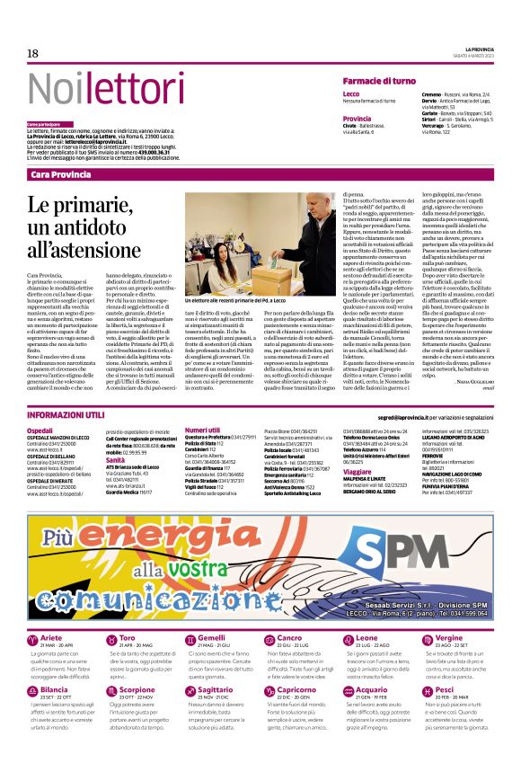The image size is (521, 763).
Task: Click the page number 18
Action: (x=32, y=54)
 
